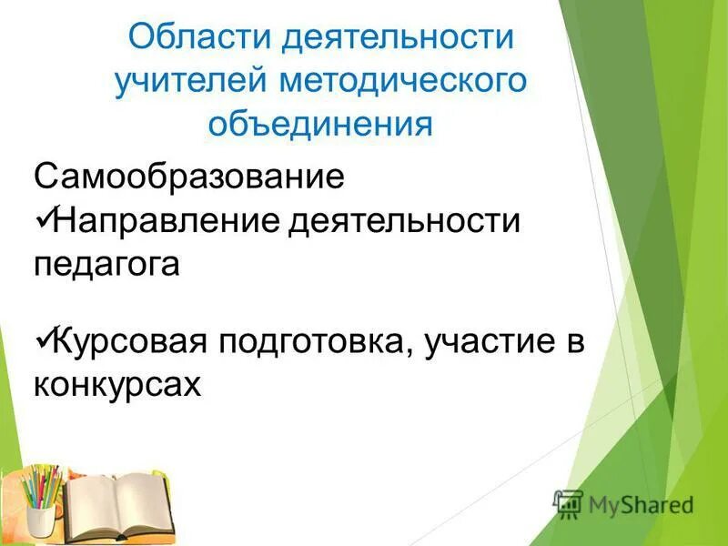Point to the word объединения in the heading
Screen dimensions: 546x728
tap(319, 122)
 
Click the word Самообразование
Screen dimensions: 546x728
tap(189, 176)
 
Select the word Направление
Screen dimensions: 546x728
tap(167, 221)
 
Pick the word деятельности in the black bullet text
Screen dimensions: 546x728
tap(404, 221)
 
